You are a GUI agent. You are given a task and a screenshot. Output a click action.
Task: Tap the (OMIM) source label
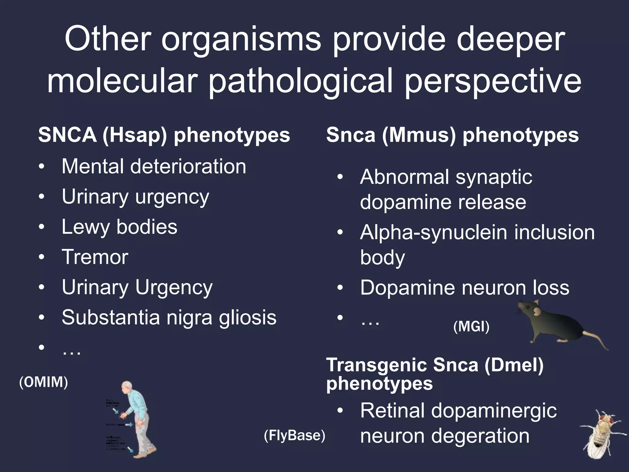pyautogui.click(x=44, y=382)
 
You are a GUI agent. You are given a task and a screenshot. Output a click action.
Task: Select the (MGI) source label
pyautogui.click(x=471, y=326)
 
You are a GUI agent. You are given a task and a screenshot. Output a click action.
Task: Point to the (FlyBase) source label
pyautogui.click(x=294, y=435)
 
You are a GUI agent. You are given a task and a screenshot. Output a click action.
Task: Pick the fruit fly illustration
pyautogui.click(x=600, y=433)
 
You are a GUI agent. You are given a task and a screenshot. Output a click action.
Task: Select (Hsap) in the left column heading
pyautogui.click(x=135, y=135)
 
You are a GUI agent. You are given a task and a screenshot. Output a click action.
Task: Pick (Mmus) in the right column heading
pyautogui.click(x=419, y=135)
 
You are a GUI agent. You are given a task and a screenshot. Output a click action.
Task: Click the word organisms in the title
pyautogui.click(x=241, y=40)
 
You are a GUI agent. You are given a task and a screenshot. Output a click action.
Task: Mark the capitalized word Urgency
pyautogui.click(x=174, y=288)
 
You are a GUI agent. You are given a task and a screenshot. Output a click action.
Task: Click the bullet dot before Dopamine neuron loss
pyautogui.click(x=340, y=288)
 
